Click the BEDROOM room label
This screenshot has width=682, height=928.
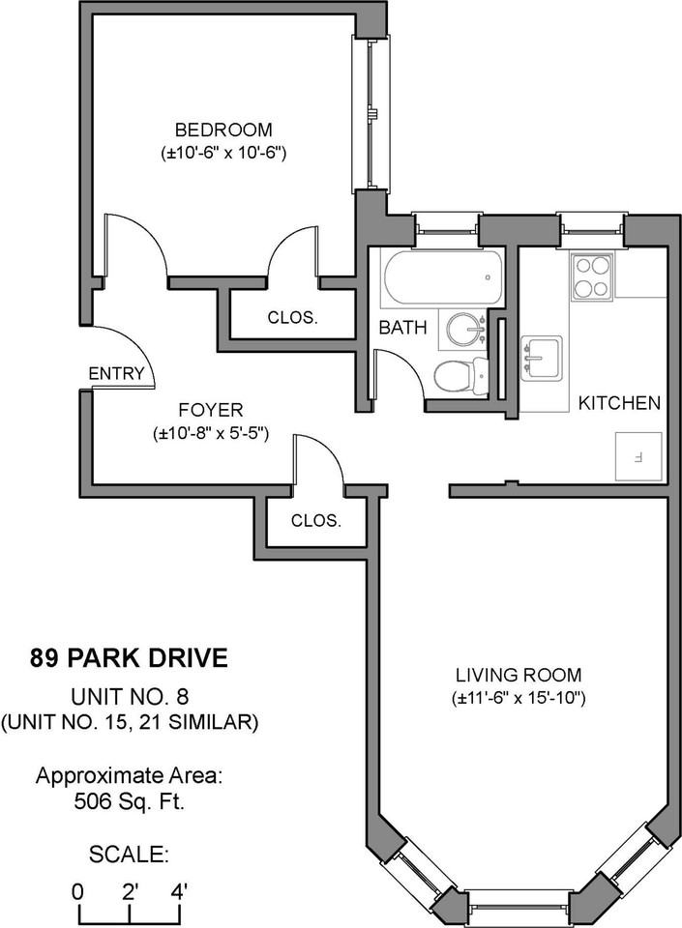tap(223, 129)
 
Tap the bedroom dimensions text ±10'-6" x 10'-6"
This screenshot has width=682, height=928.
tap(223, 154)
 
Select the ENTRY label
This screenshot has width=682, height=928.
tap(116, 373)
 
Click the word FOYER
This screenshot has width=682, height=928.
tap(211, 410)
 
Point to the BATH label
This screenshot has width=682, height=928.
tap(402, 328)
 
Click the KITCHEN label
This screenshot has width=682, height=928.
tap(619, 403)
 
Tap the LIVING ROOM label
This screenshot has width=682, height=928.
tap(519, 675)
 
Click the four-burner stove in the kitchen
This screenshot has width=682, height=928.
tap(591, 277)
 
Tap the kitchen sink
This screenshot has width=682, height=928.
tap(541, 358)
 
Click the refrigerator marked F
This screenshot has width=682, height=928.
tap(638, 456)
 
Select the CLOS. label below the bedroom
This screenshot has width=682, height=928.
tap(292, 318)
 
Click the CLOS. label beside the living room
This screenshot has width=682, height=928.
tap(316, 521)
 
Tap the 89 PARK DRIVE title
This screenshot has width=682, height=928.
tap(129, 658)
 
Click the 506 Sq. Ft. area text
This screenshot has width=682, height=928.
tap(130, 802)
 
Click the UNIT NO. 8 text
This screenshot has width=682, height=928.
tap(130, 697)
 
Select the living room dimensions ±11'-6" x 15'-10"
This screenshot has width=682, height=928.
tap(519, 698)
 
